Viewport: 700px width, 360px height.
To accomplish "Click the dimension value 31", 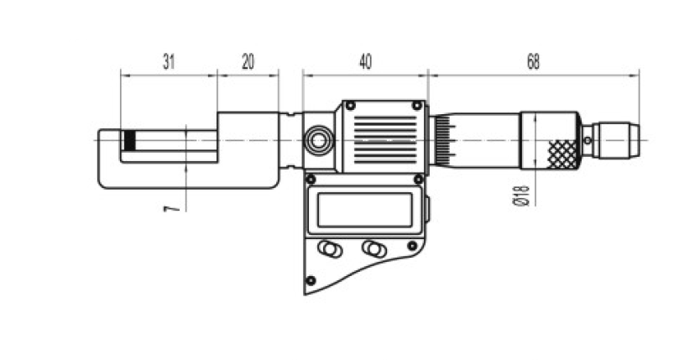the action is (x=169, y=62).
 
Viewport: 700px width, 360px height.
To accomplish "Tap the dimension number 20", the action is (x=248, y=62).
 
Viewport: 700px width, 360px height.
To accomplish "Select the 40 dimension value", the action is (x=365, y=62).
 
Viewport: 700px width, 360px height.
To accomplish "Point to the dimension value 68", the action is (x=533, y=62).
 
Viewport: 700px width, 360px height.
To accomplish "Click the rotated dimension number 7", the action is (x=172, y=208).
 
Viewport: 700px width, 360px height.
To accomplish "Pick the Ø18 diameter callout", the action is (x=521, y=196).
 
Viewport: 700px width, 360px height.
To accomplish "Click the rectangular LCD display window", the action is (x=365, y=210).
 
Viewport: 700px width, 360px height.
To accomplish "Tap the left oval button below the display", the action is (x=330, y=248).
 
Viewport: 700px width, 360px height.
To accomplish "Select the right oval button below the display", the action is (x=374, y=248).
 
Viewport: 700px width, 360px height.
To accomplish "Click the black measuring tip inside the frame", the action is (x=129, y=140).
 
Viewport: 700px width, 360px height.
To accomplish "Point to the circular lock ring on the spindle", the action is (x=318, y=140).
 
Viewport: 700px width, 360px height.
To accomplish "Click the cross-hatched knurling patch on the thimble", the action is (x=563, y=154).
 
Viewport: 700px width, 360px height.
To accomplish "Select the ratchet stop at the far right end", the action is (x=619, y=140).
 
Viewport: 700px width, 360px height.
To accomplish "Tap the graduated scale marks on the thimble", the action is (x=444, y=140).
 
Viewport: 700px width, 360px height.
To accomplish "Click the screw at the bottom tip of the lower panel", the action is (x=311, y=280).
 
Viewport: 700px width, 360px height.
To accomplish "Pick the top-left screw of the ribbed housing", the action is (x=351, y=105).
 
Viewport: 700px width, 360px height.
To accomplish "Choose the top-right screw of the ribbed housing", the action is (x=416, y=105).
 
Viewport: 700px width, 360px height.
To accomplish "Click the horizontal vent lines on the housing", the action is (x=385, y=139).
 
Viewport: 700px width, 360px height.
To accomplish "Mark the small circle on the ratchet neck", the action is (x=588, y=140).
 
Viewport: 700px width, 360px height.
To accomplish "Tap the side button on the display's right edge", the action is (x=426, y=209).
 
